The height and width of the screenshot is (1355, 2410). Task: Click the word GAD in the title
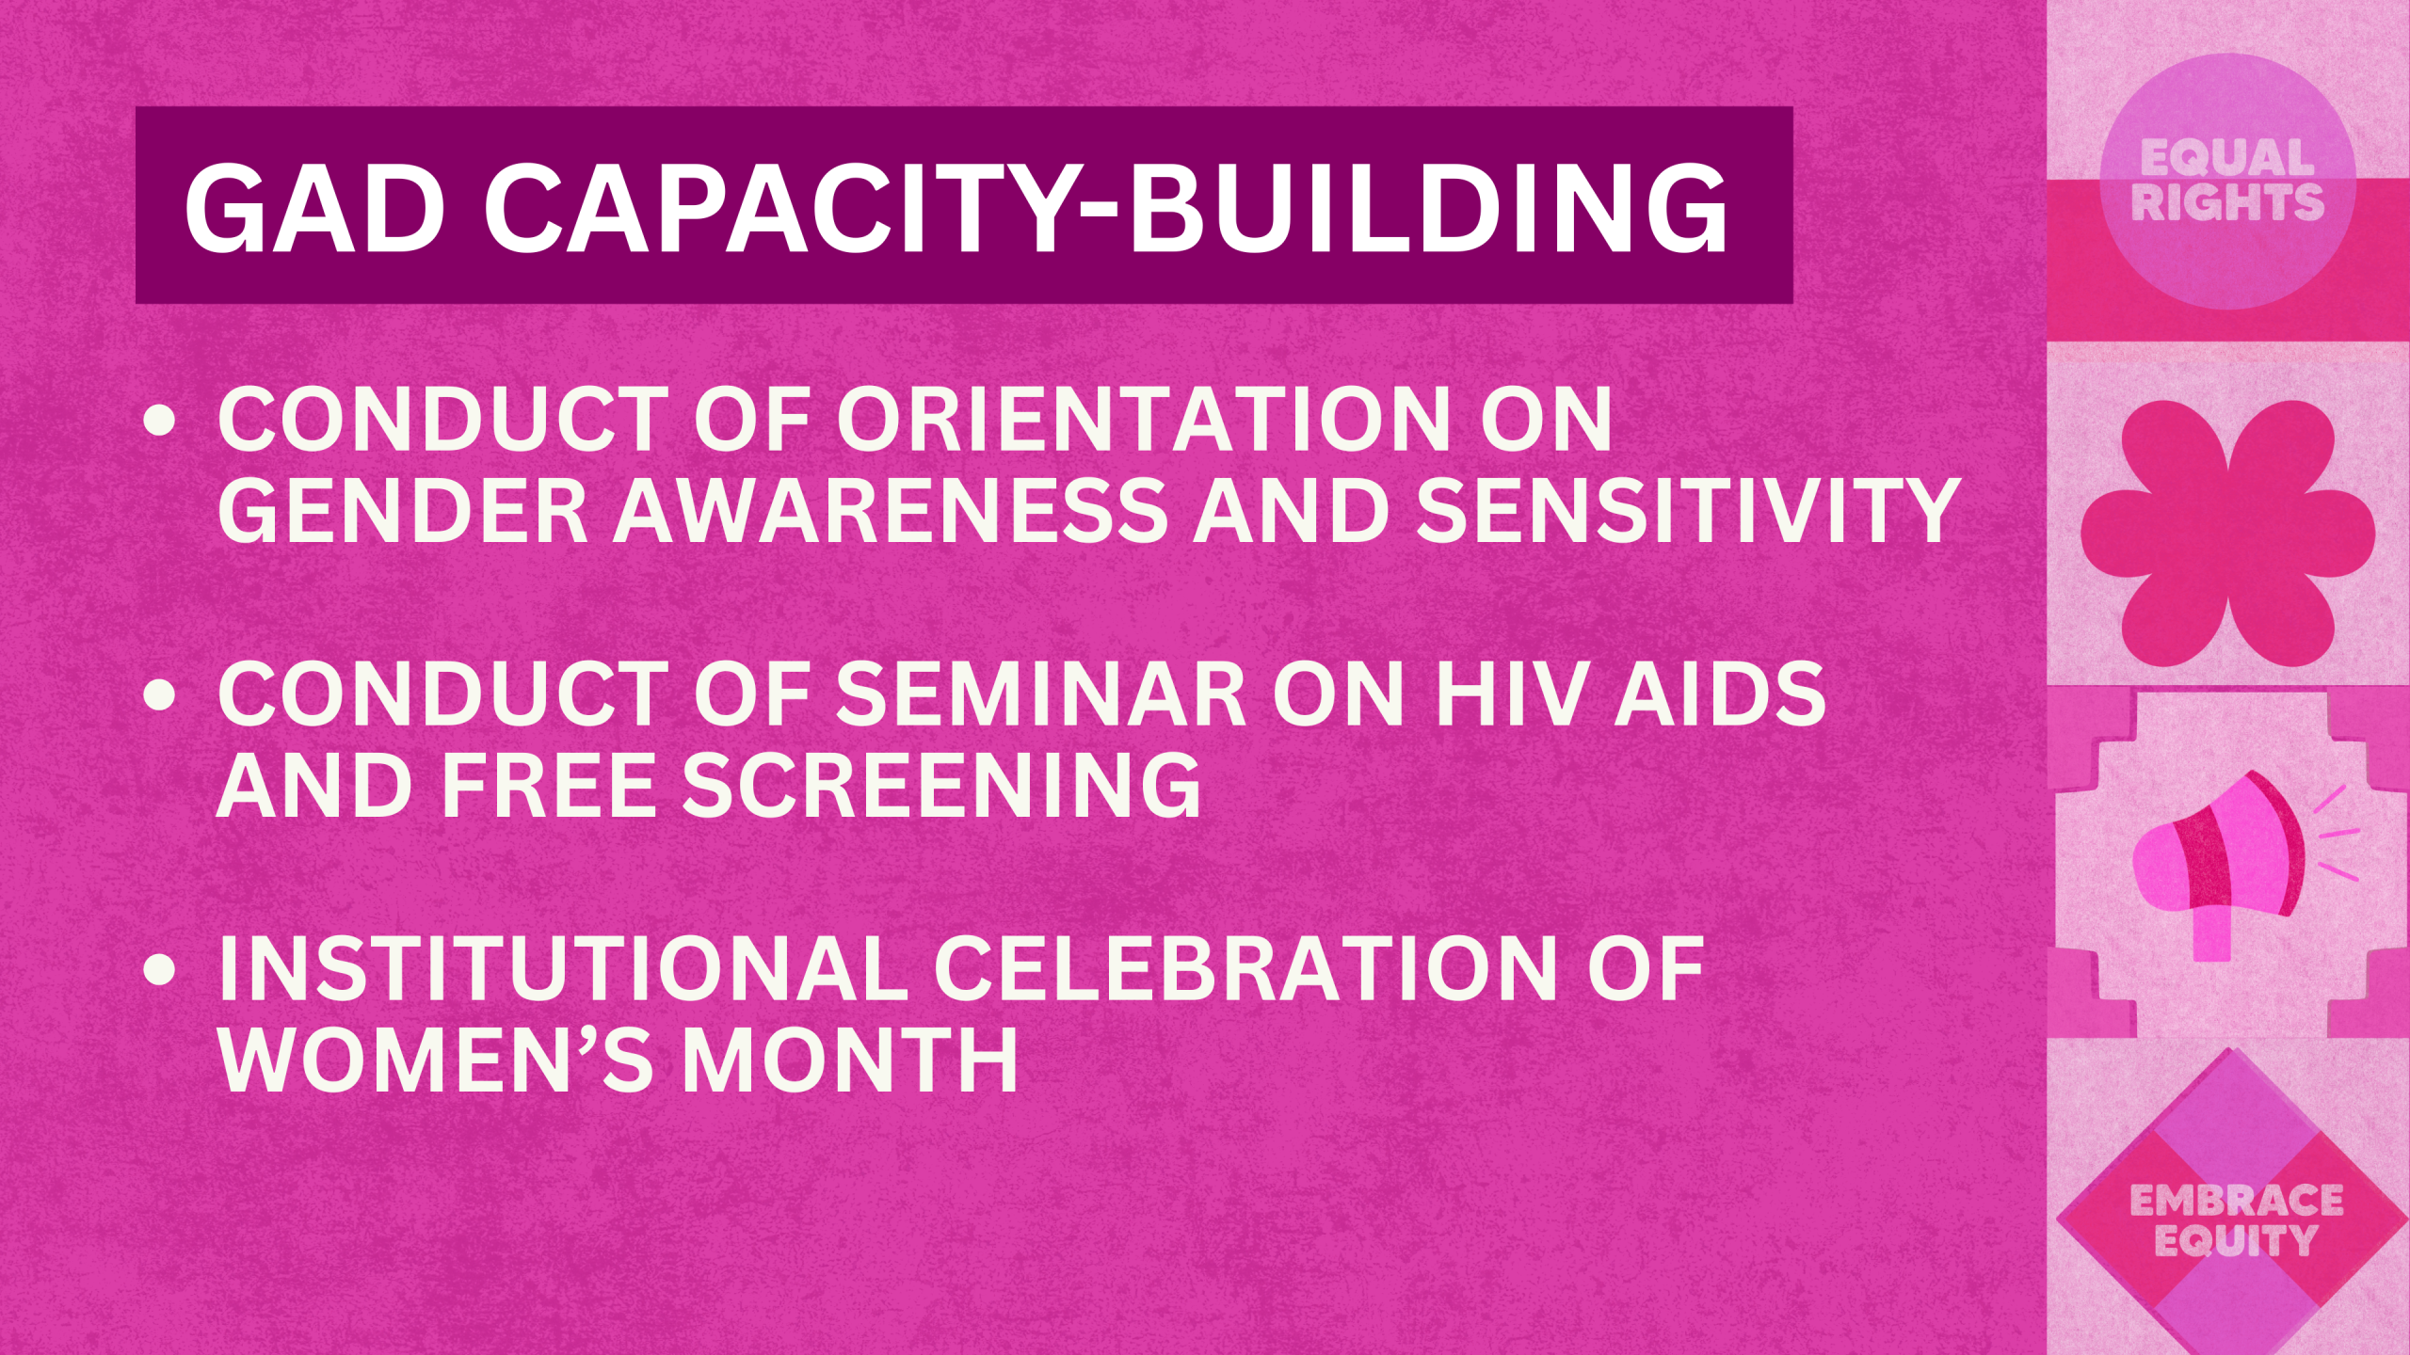(314, 209)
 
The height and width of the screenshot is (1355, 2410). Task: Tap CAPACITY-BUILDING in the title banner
(1106, 209)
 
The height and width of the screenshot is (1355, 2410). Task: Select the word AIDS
(1721, 693)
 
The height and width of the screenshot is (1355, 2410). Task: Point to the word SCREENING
(941, 785)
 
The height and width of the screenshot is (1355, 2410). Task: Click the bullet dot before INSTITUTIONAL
(161, 970)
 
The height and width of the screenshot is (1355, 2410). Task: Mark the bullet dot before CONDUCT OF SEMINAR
(161, 695)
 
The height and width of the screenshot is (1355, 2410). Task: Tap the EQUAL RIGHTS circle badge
(2227, 181)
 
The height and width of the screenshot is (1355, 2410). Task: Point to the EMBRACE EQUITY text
(2236, 1220)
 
